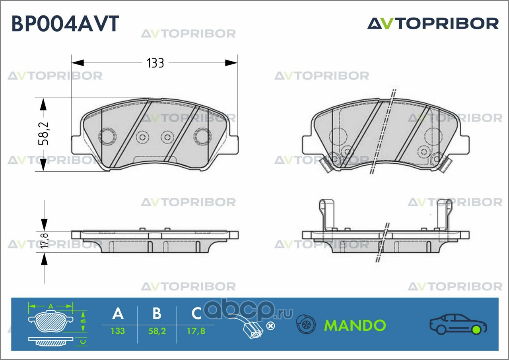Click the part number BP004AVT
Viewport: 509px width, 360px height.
click(65, 23)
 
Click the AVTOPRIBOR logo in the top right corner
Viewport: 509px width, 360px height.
click(433, 23)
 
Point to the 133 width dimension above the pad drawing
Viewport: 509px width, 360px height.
click(155, 63)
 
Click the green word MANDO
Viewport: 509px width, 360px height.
click(355, 325)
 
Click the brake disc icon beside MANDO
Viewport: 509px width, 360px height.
click(306, 325)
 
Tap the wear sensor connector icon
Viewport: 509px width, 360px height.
click(253, 328)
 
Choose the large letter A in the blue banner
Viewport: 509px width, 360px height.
click(118, 314)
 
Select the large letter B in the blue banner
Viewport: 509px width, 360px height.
click(157, 314)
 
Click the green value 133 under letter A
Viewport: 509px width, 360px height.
click(118, 331)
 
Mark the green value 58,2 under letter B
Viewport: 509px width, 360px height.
click(157, 331)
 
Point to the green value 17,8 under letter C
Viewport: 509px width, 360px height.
click(196, 331)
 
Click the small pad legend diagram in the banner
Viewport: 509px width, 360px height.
click(57, 324)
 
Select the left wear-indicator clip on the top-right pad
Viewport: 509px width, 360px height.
click(327, 165)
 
